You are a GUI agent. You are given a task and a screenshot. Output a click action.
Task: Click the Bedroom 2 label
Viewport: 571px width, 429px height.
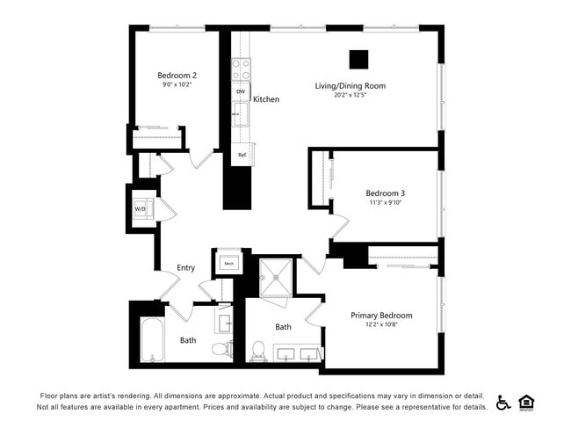point(177,76)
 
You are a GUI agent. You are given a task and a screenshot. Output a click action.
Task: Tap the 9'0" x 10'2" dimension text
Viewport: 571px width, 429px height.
point(177,86)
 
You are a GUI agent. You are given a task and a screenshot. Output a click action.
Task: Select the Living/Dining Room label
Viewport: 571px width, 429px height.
point(351,86)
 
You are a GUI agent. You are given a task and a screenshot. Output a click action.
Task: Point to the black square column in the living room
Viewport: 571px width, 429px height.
point(358,59)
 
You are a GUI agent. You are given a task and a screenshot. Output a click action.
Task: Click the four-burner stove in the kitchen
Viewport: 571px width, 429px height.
point(241,69)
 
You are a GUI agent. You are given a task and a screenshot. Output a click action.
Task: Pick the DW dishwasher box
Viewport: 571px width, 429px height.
point(241,91)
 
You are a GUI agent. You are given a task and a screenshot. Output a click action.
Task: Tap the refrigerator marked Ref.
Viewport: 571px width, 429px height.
point(242,155)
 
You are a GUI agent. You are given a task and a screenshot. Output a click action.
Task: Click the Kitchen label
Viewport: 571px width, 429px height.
point(266,99)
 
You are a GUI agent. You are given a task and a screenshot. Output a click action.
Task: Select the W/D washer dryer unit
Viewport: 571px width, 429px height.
point(141,209)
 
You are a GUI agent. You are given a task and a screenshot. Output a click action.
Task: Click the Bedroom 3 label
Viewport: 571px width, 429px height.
point(385,193)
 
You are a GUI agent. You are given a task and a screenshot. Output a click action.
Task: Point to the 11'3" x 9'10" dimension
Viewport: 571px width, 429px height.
point(385,203)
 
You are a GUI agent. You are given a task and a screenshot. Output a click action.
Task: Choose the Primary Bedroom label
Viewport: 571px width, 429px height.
point(381,316)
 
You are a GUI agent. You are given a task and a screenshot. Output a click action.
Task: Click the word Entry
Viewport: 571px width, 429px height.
point(185,268)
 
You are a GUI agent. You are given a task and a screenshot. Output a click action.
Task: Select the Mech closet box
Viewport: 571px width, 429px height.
point(228,263)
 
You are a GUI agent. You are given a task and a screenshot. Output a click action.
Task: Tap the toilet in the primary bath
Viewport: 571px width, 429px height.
point(258,351)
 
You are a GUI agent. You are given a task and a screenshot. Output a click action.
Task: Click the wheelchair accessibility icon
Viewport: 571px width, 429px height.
point(503,402)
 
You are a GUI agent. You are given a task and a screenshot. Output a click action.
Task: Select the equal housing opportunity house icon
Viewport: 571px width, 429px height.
point(527,402)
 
